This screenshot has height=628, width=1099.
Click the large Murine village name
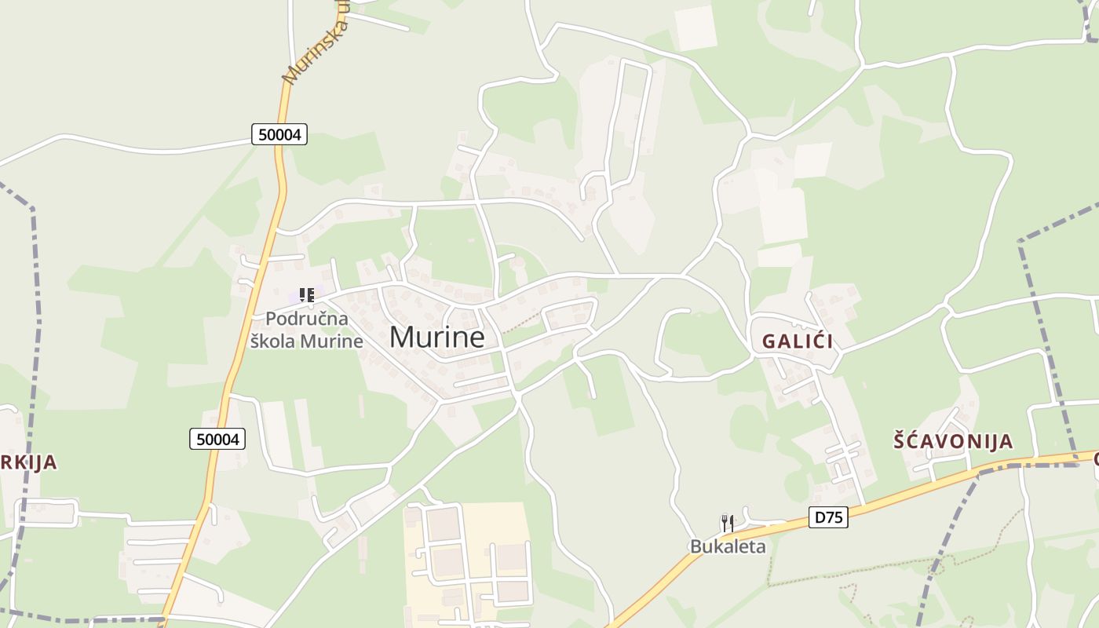tap(436, 337)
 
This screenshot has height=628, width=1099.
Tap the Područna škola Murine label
tap(306, 330)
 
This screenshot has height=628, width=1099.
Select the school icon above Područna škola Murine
tap(307, 295)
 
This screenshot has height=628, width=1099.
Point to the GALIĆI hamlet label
tap(798, 341)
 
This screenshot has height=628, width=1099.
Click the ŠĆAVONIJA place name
tap(953, 441)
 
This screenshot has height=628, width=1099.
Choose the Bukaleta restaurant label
tap(728, 546)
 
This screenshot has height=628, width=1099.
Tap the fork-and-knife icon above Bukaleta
tap(728, 522)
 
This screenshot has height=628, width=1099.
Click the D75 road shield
tap(828, 517)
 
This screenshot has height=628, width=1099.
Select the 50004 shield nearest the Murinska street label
tap(279, 134)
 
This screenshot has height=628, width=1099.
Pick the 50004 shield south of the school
tap(217, 439)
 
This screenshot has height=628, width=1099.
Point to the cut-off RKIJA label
tap(29, 462)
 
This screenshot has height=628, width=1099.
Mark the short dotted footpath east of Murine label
tap(521, 323)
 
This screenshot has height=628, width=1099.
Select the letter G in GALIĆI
tap(769, 341)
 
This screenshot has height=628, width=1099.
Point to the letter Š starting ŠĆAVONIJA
tap(901, 441)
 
